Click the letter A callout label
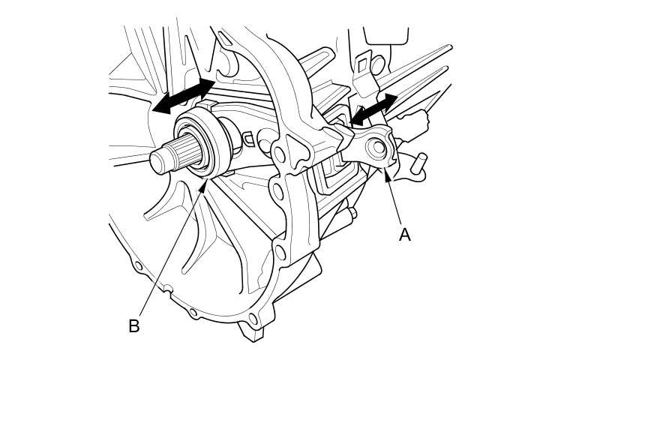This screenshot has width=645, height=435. click(x=405, y=235)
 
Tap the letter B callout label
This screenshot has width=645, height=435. click(x=134, y=326)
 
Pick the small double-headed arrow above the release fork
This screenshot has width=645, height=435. click(x=373, y=109)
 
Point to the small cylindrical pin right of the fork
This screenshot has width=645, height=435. click(x=419, y=160)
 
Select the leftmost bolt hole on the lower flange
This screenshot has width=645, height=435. click(x=138, y=265)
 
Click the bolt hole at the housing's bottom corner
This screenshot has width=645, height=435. click(x=253, y=320)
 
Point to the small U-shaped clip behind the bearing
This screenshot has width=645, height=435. click(x=247, y=138)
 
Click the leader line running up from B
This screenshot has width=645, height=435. click(x=169, y=255)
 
